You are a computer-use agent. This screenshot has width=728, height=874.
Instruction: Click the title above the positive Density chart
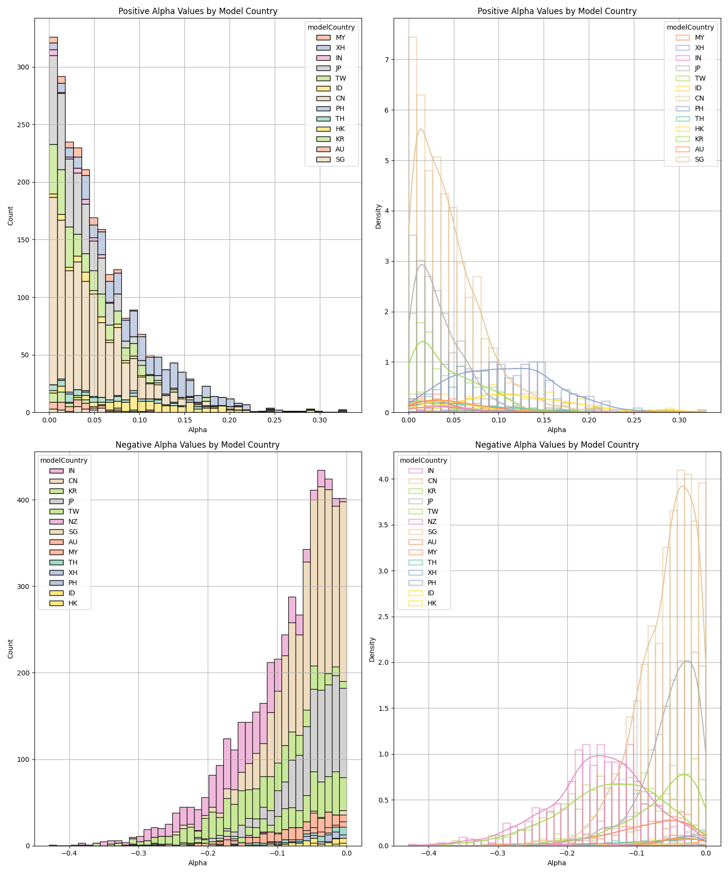[557, 11]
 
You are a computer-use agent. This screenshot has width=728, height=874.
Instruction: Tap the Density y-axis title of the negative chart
[372, 649]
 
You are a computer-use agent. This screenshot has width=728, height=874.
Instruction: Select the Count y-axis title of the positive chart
[11, 216]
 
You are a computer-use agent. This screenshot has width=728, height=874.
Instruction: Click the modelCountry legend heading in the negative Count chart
[64, 460]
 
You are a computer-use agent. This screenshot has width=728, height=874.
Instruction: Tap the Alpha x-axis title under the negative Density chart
[557, 863]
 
